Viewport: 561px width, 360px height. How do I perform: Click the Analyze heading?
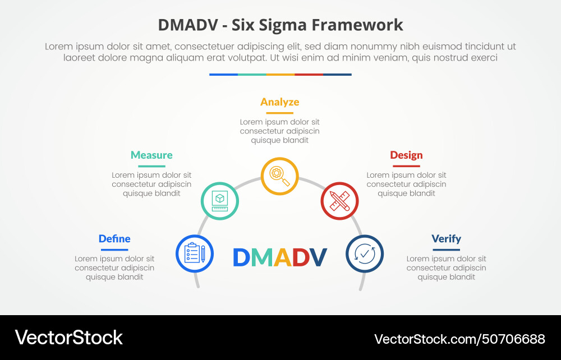279,102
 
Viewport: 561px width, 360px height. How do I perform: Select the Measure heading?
151,155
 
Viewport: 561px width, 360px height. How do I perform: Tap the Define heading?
114,239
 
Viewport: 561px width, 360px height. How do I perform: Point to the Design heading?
406,155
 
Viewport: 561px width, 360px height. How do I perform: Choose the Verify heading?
446,239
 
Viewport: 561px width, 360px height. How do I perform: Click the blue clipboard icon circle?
195,253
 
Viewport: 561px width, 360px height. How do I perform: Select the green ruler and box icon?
220,201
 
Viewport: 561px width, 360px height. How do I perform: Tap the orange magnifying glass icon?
279,176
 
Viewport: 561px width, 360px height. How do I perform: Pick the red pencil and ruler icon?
339,201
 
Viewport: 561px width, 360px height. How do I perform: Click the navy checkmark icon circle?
365,253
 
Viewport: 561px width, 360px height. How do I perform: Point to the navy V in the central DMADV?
318,257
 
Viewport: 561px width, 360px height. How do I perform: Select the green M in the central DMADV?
261,257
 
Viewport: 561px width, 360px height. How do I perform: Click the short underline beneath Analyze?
279,113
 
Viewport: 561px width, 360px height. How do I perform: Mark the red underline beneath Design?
406,166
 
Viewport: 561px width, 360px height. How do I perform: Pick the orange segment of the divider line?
280,74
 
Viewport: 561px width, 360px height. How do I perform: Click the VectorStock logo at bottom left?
68,338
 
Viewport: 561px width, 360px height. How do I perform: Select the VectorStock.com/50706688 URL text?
459,339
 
